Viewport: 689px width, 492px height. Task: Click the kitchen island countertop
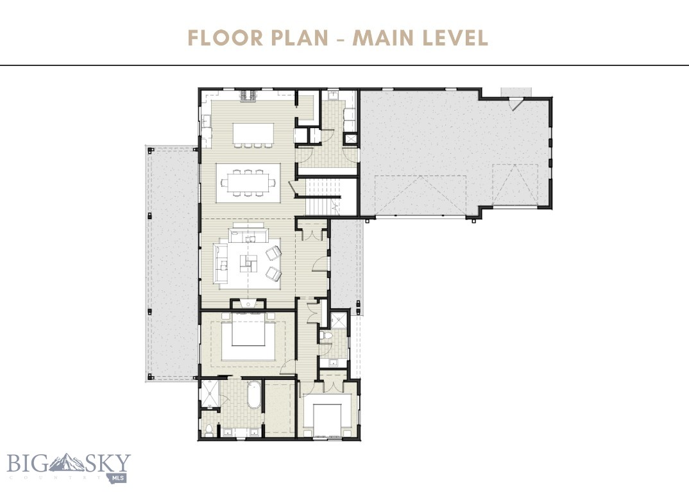coord(253,133)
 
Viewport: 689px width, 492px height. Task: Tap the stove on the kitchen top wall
coord(248,97)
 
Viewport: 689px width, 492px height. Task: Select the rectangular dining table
coord(248,183)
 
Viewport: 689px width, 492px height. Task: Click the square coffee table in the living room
coord(248,263)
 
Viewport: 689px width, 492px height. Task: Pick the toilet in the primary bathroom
coord(208,429)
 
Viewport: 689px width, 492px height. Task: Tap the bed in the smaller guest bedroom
coord(327,416)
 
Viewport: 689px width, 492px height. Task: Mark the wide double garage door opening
coord(420,195)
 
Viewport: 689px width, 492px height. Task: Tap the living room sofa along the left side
coord(221,263)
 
